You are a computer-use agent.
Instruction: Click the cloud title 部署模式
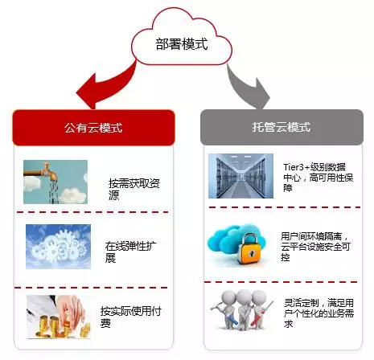tap(182, 44)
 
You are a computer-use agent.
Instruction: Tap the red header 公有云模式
tap(93, 128)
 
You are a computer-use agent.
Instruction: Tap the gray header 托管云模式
tap(282, 127)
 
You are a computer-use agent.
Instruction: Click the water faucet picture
tap(55, 182)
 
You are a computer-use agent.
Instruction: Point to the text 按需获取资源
tap(134, 189)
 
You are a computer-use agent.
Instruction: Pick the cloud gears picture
tap(58, 247)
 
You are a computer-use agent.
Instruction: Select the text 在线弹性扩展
tap(130, 252)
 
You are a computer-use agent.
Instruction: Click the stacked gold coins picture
tap(59, 317)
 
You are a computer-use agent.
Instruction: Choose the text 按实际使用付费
tap(130, 317)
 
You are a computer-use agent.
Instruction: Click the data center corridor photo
tap(241, 176)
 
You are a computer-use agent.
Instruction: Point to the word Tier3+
tap(297, 167)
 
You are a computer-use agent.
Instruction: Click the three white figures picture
tap(242, 310)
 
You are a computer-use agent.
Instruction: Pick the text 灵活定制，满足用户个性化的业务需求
tap(319, 313)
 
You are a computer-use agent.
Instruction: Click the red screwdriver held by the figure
tap(261, 313)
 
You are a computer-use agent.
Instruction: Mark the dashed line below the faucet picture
tap(92, 212)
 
